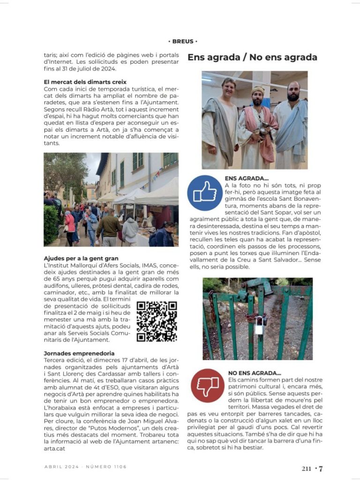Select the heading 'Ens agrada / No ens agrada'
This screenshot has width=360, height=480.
tap(252, 57)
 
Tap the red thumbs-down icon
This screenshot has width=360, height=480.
tap(207, 385)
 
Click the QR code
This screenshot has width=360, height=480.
tap(157, 321)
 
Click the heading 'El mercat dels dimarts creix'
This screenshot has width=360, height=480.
tap(85, 82)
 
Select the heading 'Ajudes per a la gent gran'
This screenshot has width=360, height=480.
tap(81, 258)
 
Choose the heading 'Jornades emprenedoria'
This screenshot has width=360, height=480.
tap(79, 353)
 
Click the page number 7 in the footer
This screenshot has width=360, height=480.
tap(321, 468)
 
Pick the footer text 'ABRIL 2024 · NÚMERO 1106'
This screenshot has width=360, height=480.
tap(85, 467)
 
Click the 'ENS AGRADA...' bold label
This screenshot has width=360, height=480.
tap(247, 179)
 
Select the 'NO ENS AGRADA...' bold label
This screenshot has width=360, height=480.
tap(255, 373)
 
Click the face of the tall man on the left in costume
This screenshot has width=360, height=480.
tap(229, 89)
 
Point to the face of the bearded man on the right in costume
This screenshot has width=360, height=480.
tap(293, 92)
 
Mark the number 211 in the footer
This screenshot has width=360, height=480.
tap(307, 468)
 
